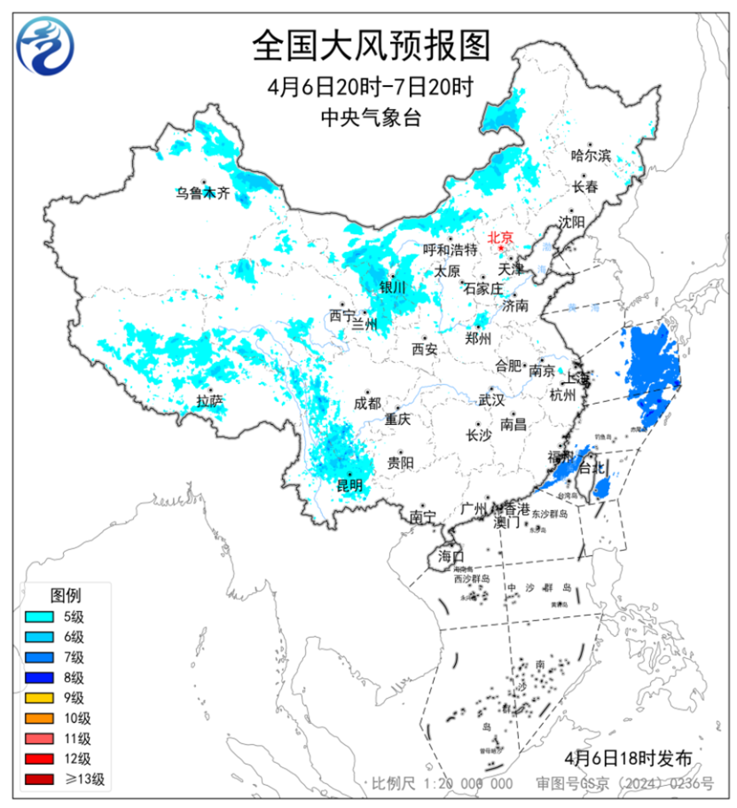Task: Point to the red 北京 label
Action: [500, 237]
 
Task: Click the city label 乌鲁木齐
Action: [201, 192]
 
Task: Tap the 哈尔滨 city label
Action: [592, 155]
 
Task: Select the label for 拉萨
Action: [210, 402]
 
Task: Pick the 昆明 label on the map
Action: [349, 484]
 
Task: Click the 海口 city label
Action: [451, 556]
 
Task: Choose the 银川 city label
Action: [392, 287]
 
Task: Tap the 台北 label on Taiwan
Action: [590, 467]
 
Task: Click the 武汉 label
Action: [490, 400]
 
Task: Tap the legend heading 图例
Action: [66, 593]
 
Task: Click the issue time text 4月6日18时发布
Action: [627, 758]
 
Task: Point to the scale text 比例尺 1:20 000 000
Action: [443, 783]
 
